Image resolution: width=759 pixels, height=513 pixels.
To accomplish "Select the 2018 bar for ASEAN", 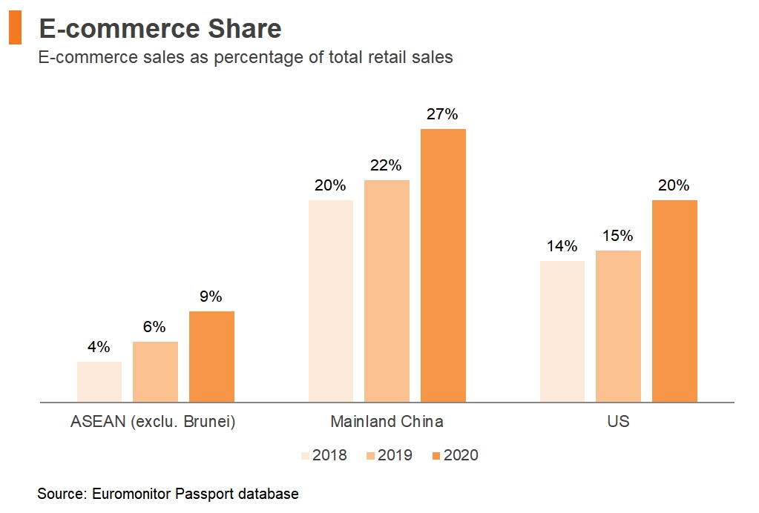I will [99, 382].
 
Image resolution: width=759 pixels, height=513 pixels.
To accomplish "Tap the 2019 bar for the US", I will [618, 326].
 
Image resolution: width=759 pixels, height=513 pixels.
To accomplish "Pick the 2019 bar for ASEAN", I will [155, 371].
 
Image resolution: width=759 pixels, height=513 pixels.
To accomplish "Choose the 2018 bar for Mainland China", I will [330, 301].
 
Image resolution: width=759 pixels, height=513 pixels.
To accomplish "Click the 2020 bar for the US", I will [674, 301].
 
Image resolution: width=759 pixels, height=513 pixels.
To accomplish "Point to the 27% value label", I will [442, 115].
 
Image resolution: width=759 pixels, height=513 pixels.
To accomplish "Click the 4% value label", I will [99, 347].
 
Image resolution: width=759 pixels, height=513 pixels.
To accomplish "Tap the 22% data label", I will [386, 165].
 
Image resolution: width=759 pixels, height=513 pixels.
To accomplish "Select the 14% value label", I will [562, 246].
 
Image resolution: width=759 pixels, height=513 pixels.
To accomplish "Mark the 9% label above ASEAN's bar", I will [211, 297].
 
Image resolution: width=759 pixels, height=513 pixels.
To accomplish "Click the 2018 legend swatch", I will [305, 455].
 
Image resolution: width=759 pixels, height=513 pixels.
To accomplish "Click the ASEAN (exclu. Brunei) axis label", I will [153, 422].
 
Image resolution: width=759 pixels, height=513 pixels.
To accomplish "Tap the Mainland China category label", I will [387, 422].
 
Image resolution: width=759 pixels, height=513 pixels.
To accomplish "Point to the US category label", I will [618, 422].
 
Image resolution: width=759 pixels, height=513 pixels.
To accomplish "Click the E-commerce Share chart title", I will [160, 29].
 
